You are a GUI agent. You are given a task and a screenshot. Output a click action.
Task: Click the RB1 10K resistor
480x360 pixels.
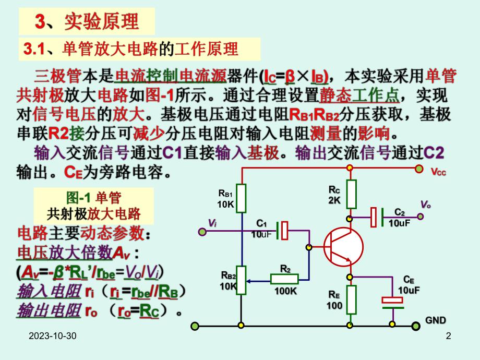click(x=241, y=198)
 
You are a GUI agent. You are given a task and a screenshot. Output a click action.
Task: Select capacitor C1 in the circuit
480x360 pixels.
click(x=282, y=230)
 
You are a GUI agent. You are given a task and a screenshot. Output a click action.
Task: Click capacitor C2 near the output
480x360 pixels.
click(x=377, y=217)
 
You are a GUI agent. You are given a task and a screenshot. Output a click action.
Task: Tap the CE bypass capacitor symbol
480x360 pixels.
click(x=391, y=301)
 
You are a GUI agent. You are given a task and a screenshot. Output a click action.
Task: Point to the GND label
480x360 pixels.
click(x=436, y=320)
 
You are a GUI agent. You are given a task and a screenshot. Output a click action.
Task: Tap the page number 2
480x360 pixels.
click(x=448, y=338)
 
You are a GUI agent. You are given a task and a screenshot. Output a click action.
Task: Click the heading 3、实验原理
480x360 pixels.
click(x=87, y=22)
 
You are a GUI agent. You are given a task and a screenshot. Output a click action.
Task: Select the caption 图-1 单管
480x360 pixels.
click(x=94, y=197)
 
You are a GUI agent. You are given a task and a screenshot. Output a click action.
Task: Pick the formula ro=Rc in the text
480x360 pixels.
click(x=137, y=311)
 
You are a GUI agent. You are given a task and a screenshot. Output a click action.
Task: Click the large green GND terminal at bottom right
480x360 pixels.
click(x=415, y=327)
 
